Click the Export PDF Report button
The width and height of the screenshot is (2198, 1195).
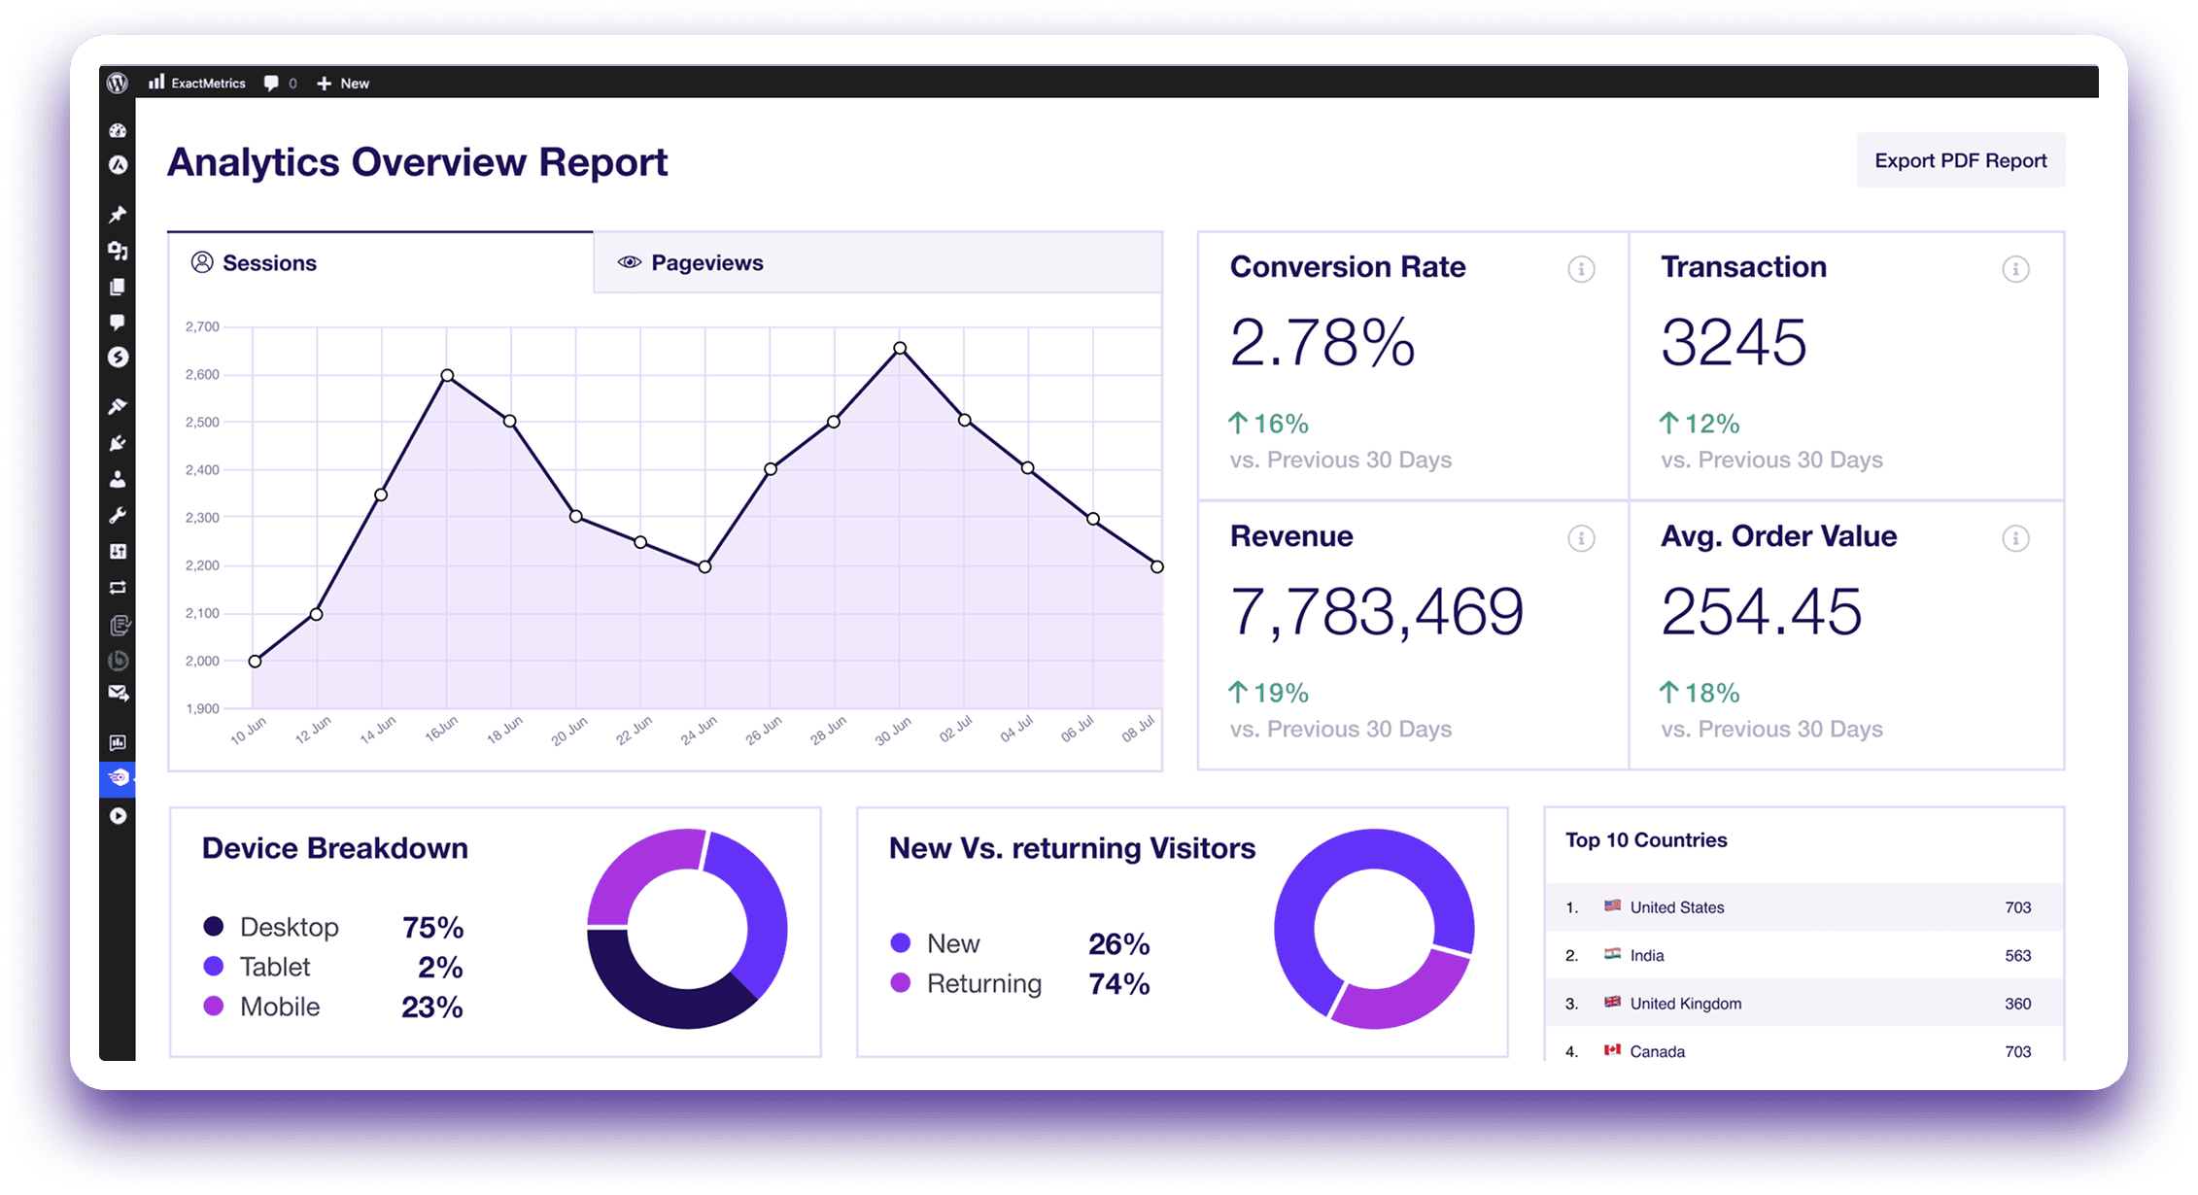(1960, 160)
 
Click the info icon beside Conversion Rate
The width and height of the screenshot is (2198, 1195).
(1581, 269)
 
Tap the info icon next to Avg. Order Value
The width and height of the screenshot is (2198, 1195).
(2015, 538)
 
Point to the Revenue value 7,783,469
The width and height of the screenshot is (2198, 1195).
(1377, 612)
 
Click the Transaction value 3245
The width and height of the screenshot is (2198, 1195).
(1734, 342)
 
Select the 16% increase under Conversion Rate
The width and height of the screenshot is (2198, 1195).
(1269, 424)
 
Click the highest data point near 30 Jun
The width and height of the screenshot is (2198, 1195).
(900, 348)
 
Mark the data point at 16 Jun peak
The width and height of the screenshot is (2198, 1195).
(447, 375)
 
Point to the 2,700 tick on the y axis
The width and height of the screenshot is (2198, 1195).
(202, 326)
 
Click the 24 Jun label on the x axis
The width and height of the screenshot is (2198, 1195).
(699, 731)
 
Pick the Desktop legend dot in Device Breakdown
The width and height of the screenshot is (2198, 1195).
(214, 926)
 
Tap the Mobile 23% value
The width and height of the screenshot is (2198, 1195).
(432, 1007)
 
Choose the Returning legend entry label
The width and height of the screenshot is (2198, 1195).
(984, 983)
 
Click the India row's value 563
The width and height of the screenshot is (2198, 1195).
(2017, 955)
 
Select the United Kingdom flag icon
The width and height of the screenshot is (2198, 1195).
(1612, 1002)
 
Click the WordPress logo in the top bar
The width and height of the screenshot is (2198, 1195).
(118, 84)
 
